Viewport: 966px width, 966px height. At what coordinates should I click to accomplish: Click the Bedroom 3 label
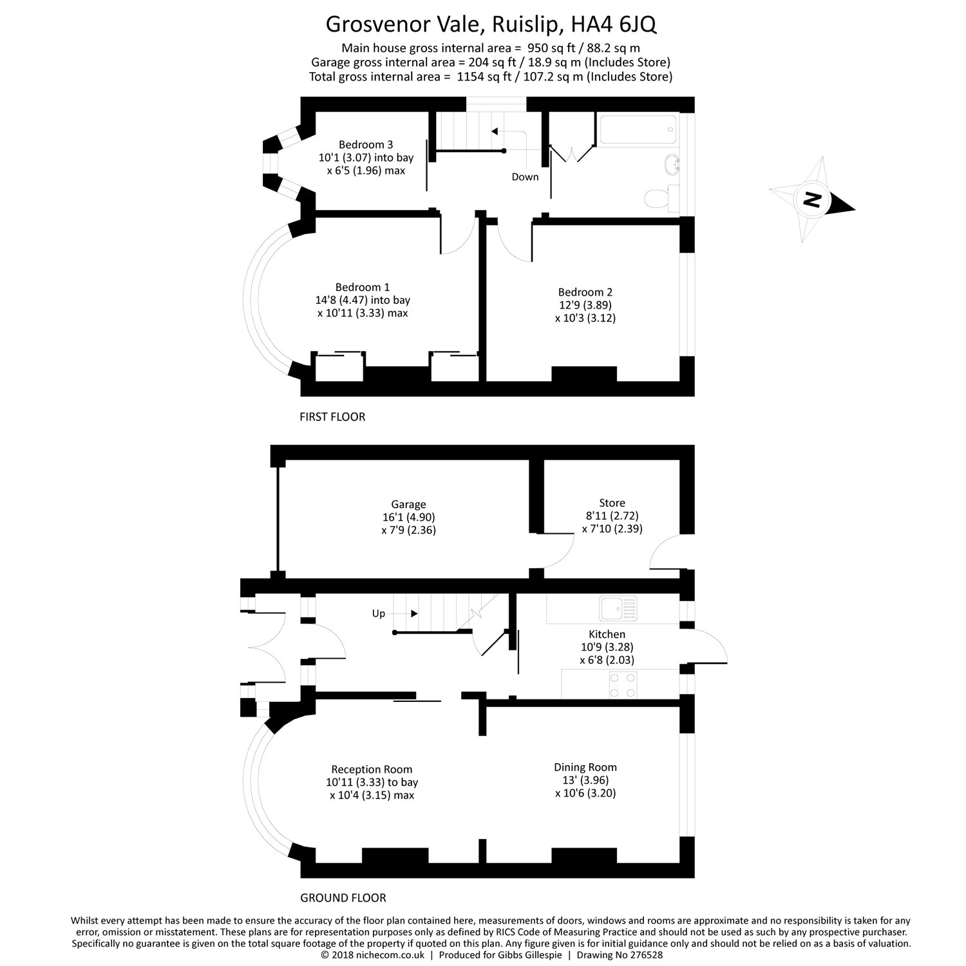[x=366, y=145]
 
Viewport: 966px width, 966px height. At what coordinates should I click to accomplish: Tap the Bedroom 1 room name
[x=363, y=287]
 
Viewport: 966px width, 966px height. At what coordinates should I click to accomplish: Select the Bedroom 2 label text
[x=585, y=292]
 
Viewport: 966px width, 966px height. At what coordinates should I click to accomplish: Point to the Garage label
[x=408, y=505]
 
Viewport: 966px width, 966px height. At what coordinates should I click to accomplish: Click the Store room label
[x=612, y=503]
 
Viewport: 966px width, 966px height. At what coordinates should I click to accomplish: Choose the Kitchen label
[x=607, y=634]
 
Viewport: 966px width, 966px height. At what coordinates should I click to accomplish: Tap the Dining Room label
[x=585, y=768]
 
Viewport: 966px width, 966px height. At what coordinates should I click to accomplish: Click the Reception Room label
[x=372, y=770]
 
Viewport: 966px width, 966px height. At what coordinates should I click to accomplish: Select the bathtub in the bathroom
[x=638, y=129]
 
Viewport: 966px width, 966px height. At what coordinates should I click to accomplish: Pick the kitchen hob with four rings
[x=623, y=684]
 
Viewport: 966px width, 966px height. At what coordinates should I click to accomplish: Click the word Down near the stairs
[x=525, y=177]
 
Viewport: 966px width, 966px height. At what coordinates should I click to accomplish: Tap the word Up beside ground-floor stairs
[x=379, y=614]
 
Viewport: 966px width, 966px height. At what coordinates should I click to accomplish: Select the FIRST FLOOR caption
[x=332, y=417]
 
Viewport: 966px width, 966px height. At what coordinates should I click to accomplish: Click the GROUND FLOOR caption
[x=343, y=898]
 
